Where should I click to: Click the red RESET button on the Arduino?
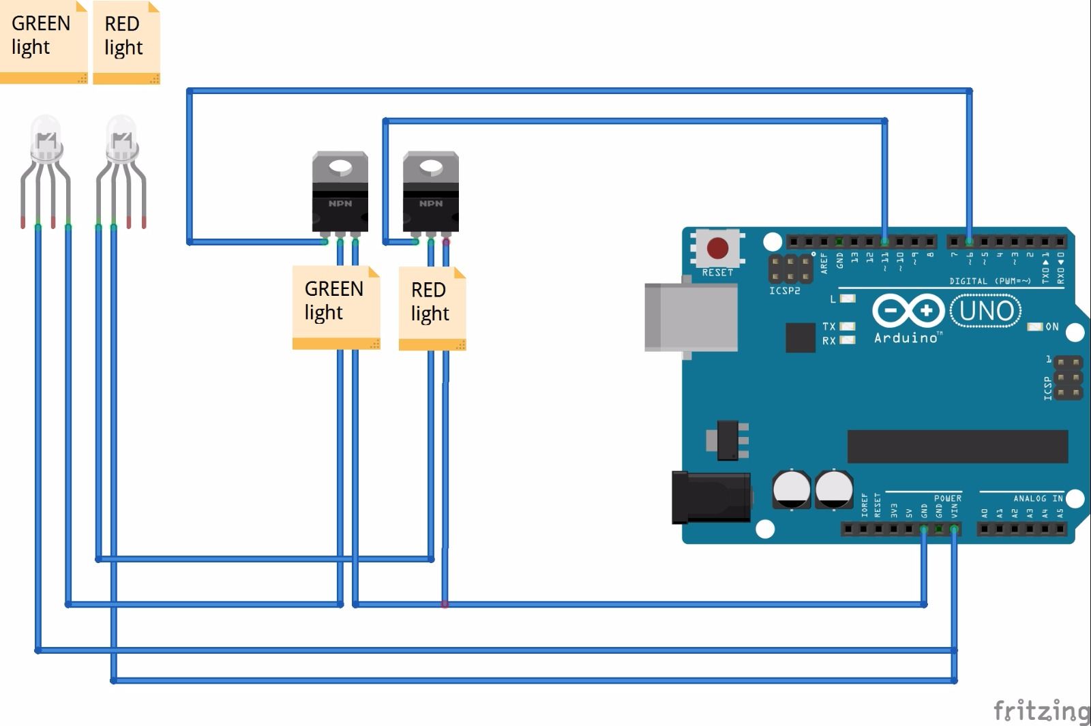click(x=717, y=248)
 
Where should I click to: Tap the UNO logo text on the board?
click(x=986, y=311)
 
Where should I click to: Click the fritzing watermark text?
click(x=1041, y=710)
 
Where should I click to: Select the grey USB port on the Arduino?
click(x=690, y=318)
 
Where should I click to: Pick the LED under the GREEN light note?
click(x=46, y=143)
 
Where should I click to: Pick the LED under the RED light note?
click(x=121, y=143)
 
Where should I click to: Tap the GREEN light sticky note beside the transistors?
click(x=335, y=307)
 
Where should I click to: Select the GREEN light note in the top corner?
click(x=43, y=41)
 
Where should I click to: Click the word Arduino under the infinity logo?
click(x=906, y=338)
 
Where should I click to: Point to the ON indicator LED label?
click(x=1051, y=327)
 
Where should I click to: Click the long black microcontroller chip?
click(x=957, y=447)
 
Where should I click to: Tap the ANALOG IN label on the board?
click(x=1037, y=498)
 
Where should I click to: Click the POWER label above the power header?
click(x=947, y=498)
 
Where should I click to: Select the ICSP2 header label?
click(x=784, y=291)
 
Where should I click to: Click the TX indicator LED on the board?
click(x=848, y=327)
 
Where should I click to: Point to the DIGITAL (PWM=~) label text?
click(x=990, y=281)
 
